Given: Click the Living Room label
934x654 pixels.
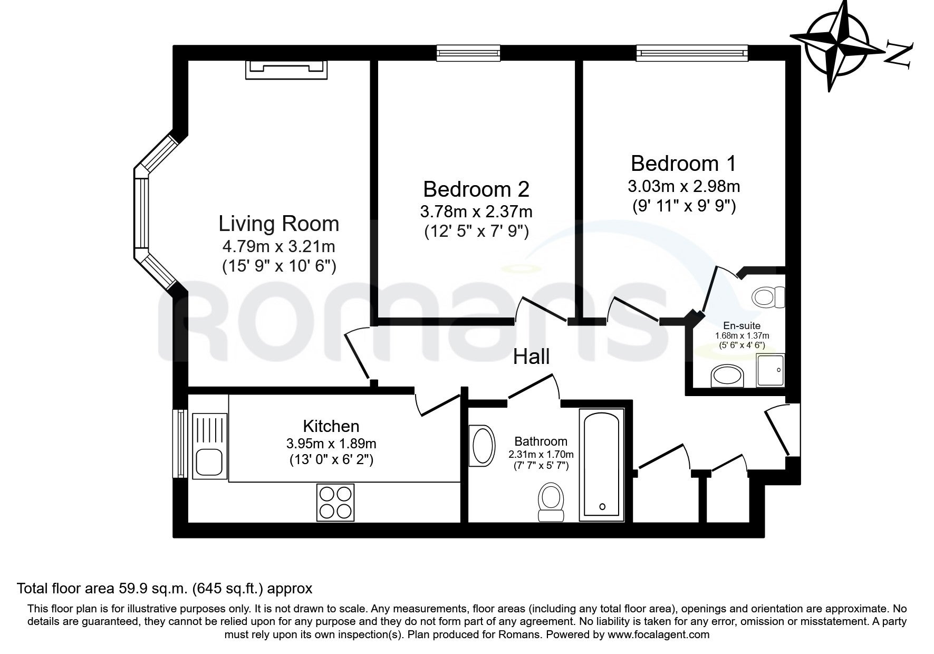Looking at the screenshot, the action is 278,224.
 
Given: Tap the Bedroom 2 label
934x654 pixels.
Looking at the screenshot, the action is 476,189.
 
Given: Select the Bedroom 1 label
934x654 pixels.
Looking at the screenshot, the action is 683,163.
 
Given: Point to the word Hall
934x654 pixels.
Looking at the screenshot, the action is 532,357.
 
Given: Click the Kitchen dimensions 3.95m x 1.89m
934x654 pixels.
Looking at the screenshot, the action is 331,444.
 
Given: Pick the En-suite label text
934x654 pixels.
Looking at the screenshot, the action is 742,326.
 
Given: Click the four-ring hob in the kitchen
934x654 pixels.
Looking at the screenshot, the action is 335,502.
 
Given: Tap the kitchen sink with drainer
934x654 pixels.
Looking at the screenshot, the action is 210,446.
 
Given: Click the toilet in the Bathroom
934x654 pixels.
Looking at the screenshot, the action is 551,502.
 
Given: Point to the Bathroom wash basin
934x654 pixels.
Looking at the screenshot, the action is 482,446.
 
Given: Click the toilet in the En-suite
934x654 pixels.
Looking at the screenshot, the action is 769,297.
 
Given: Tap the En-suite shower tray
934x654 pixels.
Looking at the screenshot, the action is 771,370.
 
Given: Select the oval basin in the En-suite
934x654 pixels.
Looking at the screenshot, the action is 727,377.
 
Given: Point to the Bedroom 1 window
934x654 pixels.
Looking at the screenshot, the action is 692,53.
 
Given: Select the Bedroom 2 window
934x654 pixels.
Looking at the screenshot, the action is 468,53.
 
